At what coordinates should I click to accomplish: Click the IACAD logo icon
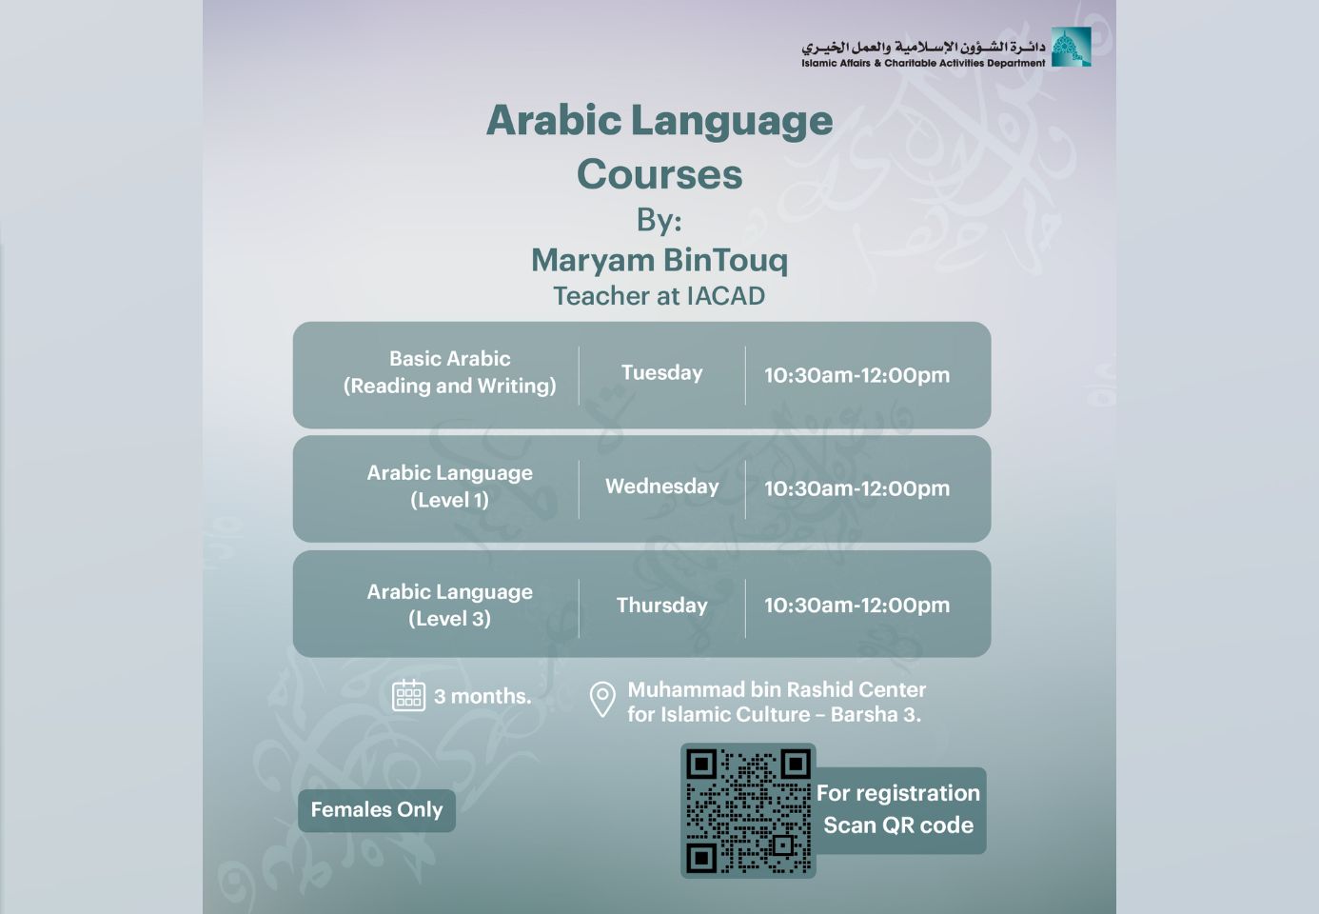click(1072, 47)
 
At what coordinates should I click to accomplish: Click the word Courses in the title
click(659, 174)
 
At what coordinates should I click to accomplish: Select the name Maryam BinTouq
click(659, 260)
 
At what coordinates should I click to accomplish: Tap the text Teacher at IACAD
click(659, 296)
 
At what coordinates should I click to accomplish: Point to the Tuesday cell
click(661, 373)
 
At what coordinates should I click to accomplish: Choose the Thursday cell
click(661, 605)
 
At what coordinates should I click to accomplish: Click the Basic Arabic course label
click(450, 372)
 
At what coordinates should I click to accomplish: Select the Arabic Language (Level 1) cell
click(450, 487)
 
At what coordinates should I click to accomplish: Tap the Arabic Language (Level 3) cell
click(450, 605)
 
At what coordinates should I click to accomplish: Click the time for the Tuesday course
click(856, 375)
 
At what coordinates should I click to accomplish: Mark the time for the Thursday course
click(856, 605)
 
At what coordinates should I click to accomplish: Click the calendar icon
click(408, 696)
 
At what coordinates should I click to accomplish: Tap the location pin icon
click(602, 700)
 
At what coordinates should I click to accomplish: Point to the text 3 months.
click(482, 696)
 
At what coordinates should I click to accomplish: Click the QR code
click(748, 811)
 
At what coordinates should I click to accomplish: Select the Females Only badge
click(377, 810)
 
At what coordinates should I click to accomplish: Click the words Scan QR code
click(898, 825)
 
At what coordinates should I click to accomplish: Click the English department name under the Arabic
click(923, 63)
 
